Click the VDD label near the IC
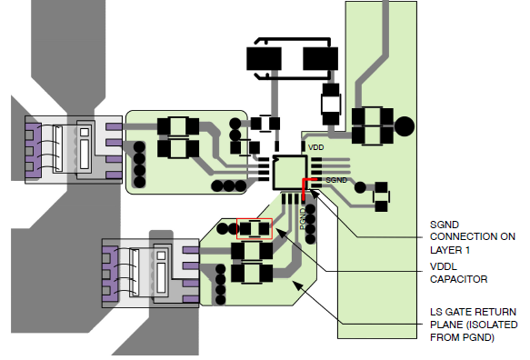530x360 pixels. (315, 147)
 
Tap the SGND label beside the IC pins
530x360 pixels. (336, 180)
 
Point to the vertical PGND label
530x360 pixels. (303, 219)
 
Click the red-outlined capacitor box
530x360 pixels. (255, 229)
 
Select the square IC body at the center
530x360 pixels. (290, 173)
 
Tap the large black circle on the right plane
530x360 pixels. (405, 126)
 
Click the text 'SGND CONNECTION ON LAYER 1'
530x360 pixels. (473, 237)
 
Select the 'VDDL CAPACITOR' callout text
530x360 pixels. (459, 273)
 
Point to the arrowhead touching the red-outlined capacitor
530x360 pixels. (281, 232)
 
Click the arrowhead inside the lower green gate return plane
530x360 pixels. (297, 285)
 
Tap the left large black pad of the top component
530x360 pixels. (264, 59)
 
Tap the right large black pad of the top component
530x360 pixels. (320, 59)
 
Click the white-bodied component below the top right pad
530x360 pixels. (331, 105)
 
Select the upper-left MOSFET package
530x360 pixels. (74, 150)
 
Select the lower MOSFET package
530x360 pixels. (150, 273)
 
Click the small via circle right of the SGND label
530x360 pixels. (360, 187)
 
